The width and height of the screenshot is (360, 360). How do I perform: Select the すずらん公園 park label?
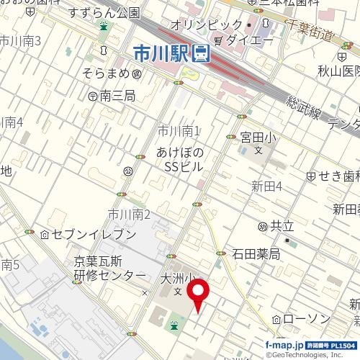click(104, 13)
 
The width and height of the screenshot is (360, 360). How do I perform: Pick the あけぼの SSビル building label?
click(180, 159)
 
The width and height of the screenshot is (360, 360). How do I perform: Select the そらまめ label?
click(106, 73)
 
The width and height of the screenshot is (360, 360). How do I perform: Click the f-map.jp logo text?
click(285, 345)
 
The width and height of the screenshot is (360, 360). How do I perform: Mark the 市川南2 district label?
click(129, 214)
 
